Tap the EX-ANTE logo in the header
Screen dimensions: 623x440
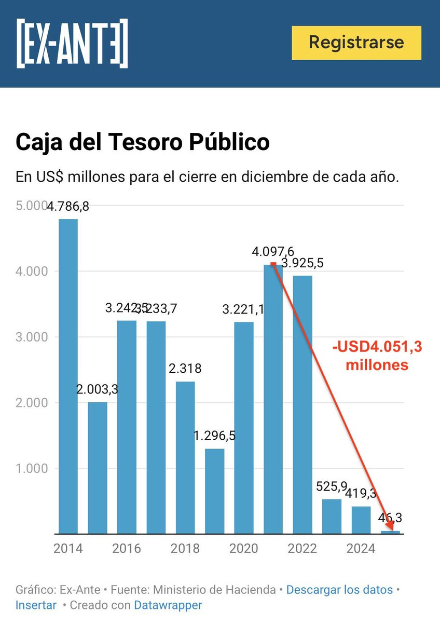72,43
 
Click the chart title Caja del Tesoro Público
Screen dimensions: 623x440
143,142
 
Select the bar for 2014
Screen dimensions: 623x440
68,376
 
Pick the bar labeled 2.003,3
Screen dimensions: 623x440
98,467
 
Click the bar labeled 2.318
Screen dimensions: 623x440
185,457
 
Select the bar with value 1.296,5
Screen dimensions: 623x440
215,491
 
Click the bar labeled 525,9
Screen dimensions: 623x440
332,516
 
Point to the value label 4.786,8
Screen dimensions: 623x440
68,207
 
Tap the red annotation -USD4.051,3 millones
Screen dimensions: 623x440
377,356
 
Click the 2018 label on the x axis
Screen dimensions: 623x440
185,549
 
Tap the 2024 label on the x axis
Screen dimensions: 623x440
361,549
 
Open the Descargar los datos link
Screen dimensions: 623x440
339,590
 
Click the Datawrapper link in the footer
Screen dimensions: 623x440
168,605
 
